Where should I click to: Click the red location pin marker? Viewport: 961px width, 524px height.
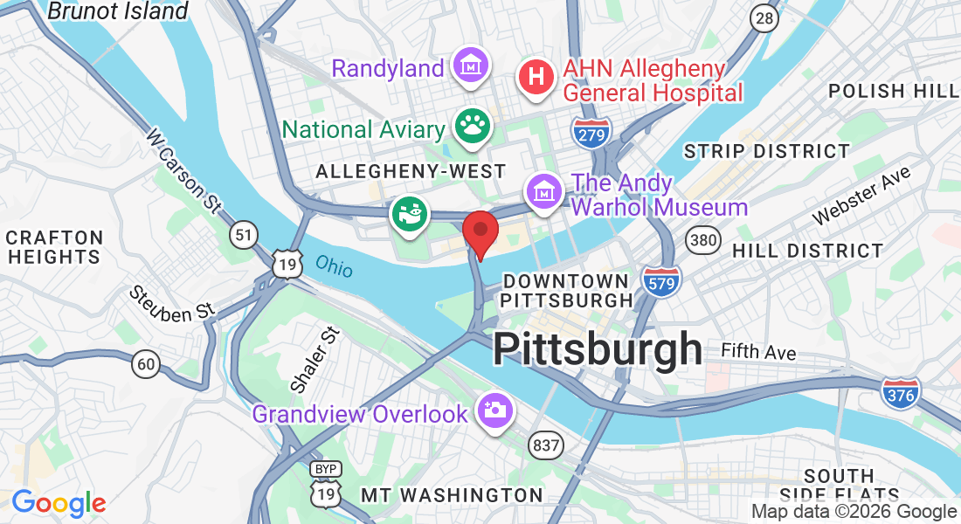coord(480,231)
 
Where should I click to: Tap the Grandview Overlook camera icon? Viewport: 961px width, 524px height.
coord(494,410)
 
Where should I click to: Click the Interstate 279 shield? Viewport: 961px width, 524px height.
coord(591,131)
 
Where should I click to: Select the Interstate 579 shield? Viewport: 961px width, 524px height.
coord(661,281)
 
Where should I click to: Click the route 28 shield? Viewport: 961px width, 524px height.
coord(765,18)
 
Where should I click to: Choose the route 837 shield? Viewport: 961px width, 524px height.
coord(545,445)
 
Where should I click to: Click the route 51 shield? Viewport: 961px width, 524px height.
coord(244,234)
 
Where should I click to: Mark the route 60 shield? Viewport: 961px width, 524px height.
coord(147,362)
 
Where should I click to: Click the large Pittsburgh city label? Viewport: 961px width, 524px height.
coord(597,349)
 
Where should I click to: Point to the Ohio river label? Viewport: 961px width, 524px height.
coord(335,265)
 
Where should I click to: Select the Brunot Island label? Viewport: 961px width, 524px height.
coord(117,11)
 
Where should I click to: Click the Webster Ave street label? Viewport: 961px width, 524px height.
coord(861,196)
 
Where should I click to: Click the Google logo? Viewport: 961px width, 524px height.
coord(59,503)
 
